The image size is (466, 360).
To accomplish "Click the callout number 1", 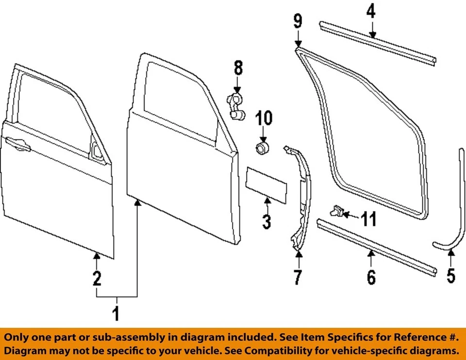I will (116, 314).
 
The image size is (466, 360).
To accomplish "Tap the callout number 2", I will (97, 278).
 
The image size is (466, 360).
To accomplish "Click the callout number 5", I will (451, 275).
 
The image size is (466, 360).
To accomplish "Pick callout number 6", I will (371, 277).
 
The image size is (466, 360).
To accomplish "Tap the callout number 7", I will (297, 277).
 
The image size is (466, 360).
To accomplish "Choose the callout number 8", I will (238, 68).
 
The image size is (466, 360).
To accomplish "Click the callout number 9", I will (298, 21).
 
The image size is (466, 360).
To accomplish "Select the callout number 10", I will (265, 118).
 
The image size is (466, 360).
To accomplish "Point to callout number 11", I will (368, 219).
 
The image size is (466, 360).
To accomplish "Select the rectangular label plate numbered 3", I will (265, 183).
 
